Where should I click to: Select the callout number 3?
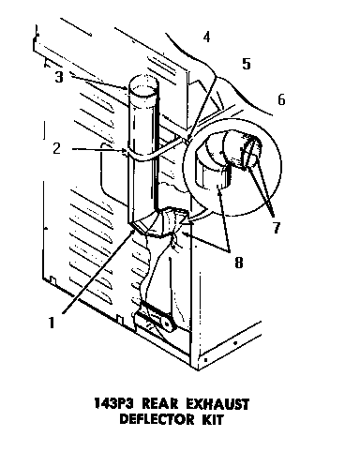point(58,77)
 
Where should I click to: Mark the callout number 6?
point(280,99)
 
